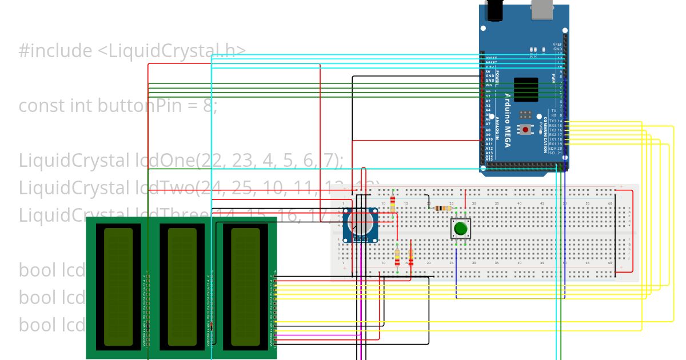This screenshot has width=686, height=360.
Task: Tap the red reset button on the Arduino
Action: tap(525, 130)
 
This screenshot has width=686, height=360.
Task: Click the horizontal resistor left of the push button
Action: tap(441, 208)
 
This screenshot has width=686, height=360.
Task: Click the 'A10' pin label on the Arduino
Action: tap(489, 139)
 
